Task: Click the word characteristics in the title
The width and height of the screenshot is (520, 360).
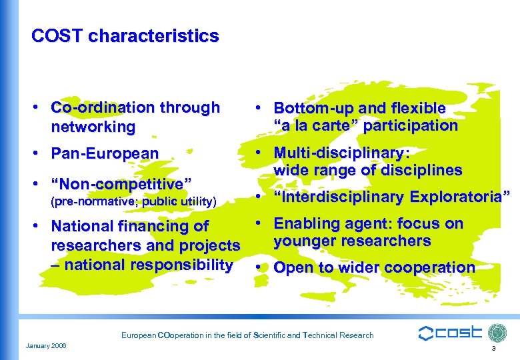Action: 153,35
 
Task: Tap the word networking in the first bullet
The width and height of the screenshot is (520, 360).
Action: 93,127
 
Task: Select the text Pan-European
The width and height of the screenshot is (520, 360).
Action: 105,154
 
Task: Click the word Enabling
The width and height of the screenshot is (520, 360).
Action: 305,224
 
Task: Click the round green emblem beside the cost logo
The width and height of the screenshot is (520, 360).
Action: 497,333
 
